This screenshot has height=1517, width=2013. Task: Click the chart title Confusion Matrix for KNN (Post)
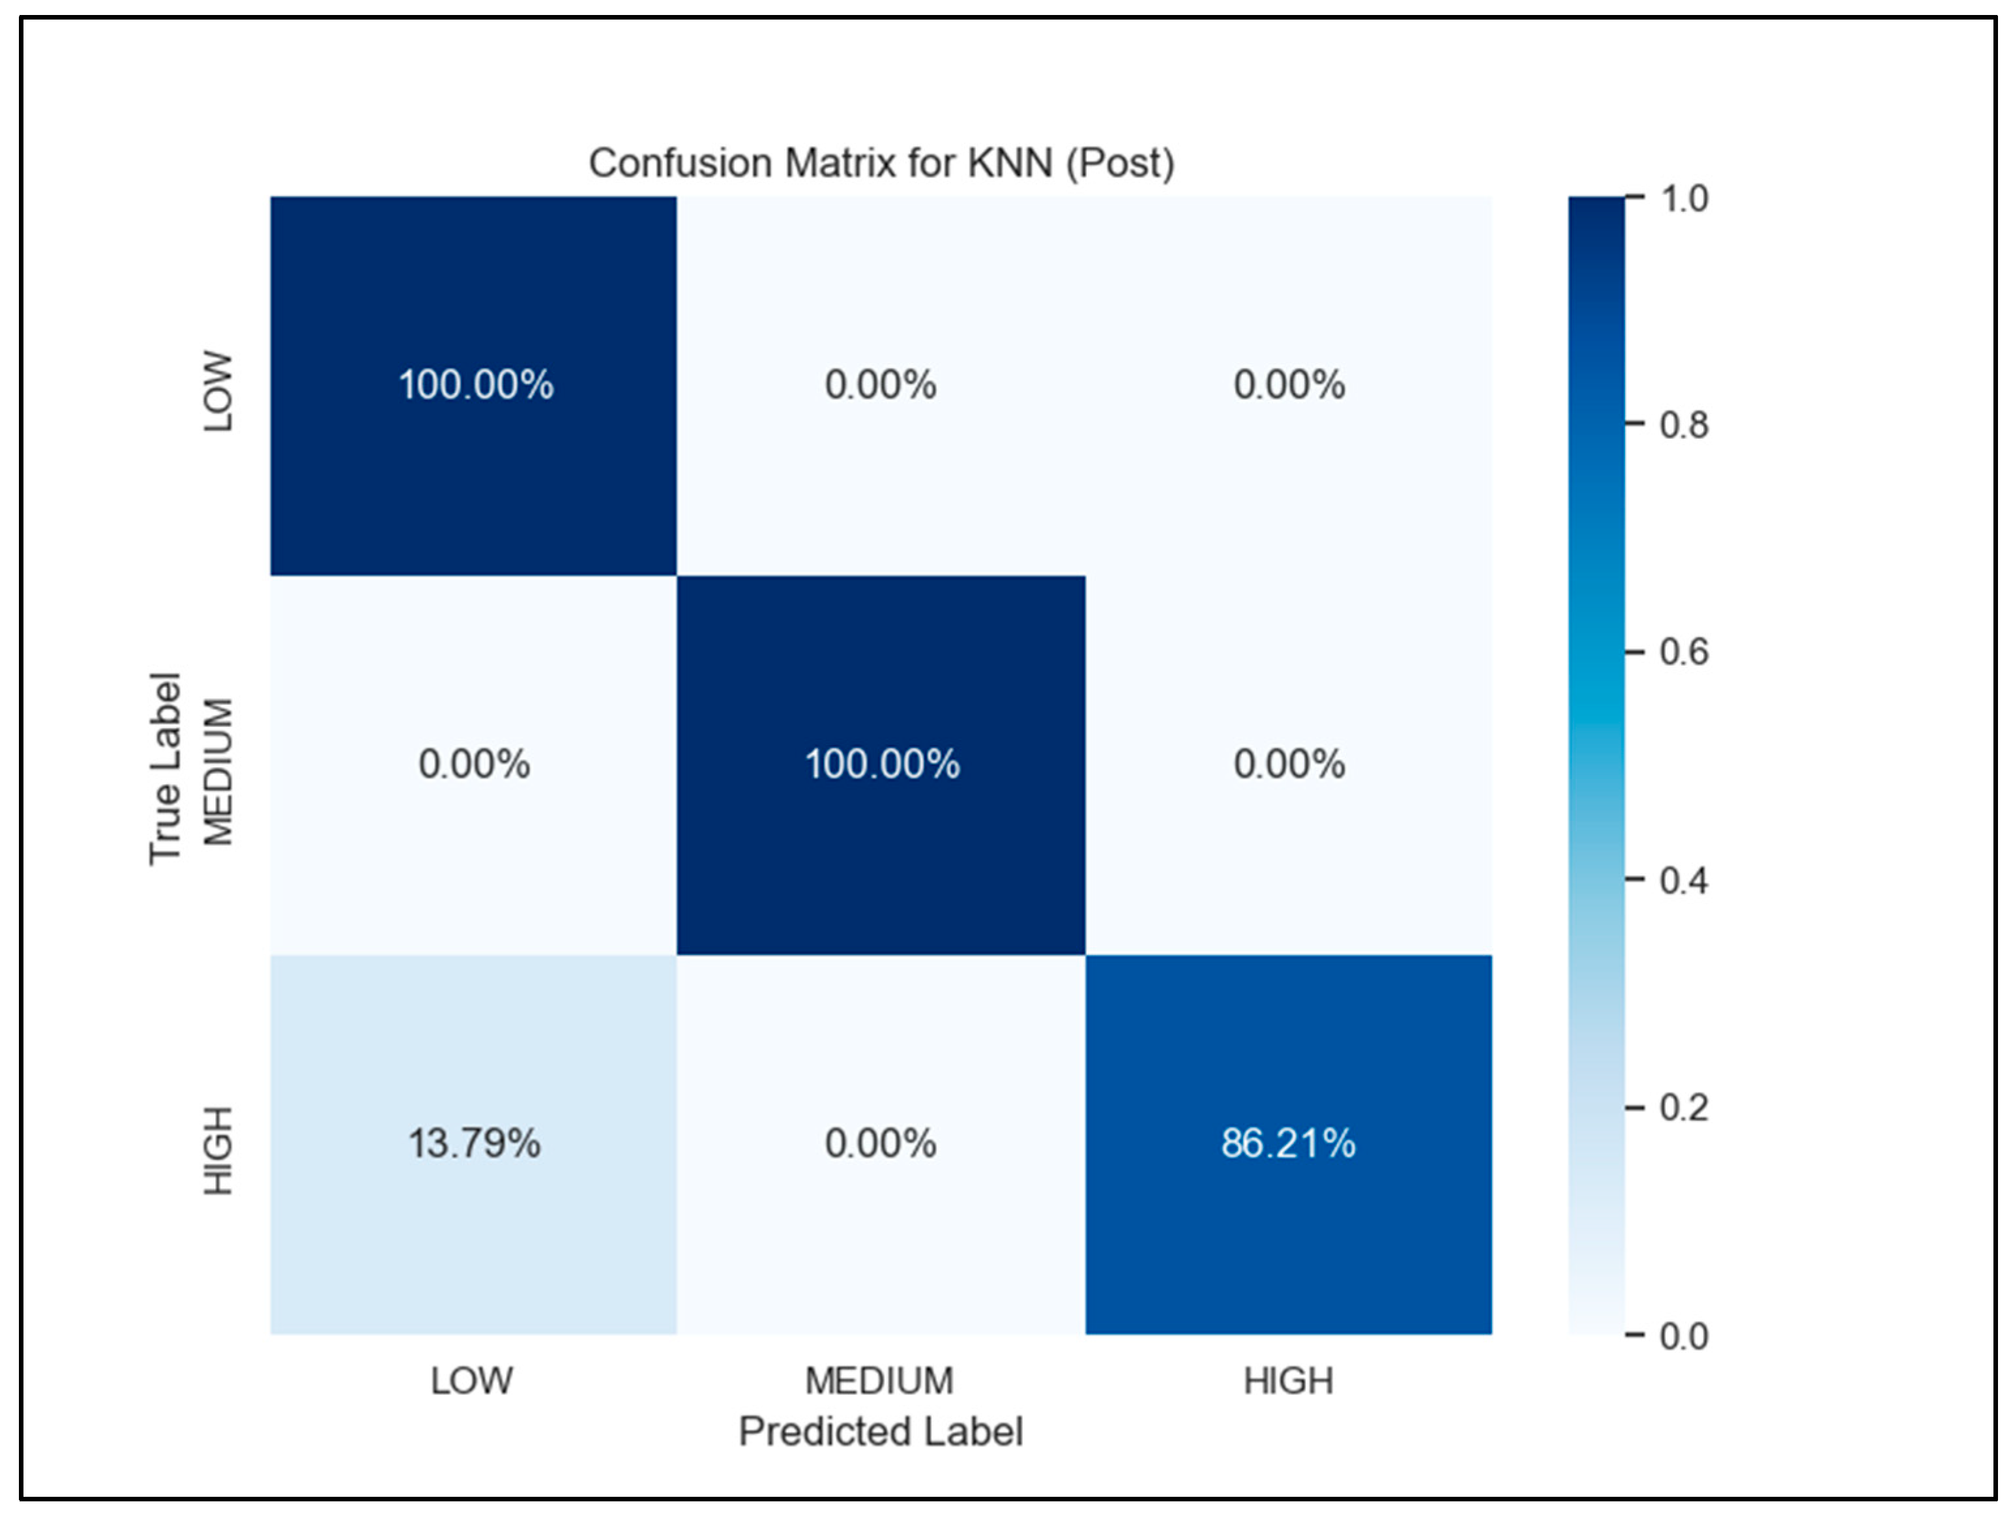(881, 164)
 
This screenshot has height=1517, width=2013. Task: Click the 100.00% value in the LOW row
(475, 384)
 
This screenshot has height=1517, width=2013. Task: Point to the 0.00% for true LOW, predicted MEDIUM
(880, 384)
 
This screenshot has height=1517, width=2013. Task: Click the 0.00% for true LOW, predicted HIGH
(1289, 384)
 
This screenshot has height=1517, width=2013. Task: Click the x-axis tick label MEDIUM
(879, 1381)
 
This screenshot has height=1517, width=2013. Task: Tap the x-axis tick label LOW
(471, 1381)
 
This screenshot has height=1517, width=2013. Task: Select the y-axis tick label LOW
(218, 391)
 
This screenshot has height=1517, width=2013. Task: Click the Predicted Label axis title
(880, 1432)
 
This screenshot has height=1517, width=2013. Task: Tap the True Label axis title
(165, 769)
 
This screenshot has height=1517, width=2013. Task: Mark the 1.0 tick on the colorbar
(1684, 198)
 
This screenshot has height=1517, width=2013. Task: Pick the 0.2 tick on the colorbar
(1684, 1108)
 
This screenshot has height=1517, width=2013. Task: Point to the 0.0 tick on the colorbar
(1684, 1336)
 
